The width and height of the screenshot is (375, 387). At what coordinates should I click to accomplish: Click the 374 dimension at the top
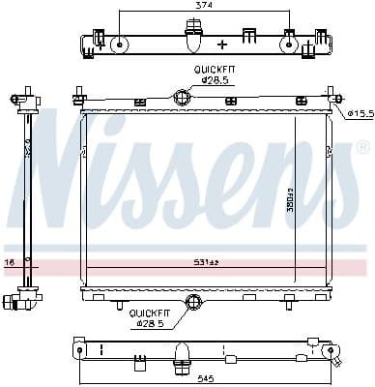pos(204,6)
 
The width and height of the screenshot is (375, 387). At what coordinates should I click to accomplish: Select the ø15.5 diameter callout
pos(360,114)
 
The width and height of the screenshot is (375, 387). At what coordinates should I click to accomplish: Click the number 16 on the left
pos(10,261)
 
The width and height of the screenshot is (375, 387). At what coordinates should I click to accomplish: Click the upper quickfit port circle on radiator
pos(181,97)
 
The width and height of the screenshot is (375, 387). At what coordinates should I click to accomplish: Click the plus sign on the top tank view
pos(223,45)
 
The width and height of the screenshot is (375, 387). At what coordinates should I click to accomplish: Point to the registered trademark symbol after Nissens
pos(361,148)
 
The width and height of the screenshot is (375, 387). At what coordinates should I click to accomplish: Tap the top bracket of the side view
pos(27,98)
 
